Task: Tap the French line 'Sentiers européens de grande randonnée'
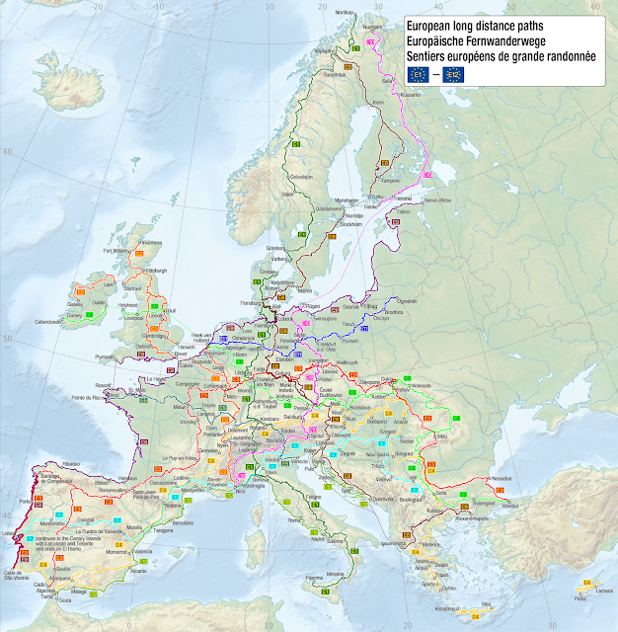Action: click(503, 55)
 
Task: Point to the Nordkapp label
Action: click(344, 12)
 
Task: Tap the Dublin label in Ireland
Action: click(98, 303)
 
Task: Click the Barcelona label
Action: click(195, 493)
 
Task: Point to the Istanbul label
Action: click(508, 505)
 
